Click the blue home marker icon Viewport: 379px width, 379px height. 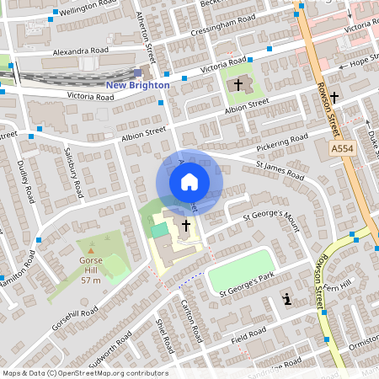point(189,181)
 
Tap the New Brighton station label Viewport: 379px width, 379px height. point(137,85)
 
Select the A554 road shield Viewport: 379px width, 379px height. point(341,148)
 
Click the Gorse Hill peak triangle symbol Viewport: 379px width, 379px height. point(91,248)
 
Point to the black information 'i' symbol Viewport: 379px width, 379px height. point(288,299)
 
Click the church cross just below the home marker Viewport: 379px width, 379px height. point(185,225)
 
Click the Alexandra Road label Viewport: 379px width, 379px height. point(81,51)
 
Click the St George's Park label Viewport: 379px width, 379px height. point(248,284)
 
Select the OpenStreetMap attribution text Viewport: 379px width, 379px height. point(85,373)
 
